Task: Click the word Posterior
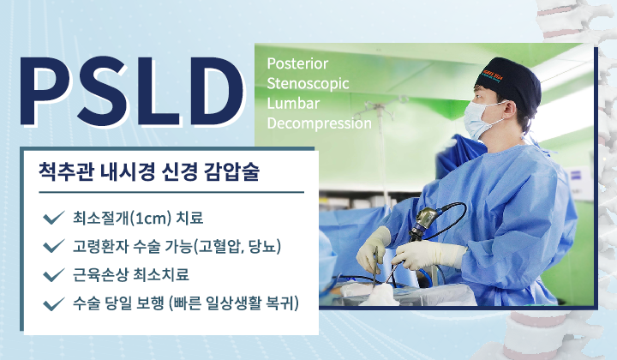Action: [297, 64]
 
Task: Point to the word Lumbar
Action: [291, 104]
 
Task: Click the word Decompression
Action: [319, 123]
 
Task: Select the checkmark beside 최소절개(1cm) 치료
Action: [53, 217]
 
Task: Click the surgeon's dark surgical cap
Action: [511, 81]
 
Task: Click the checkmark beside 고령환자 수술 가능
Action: [53, 247]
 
